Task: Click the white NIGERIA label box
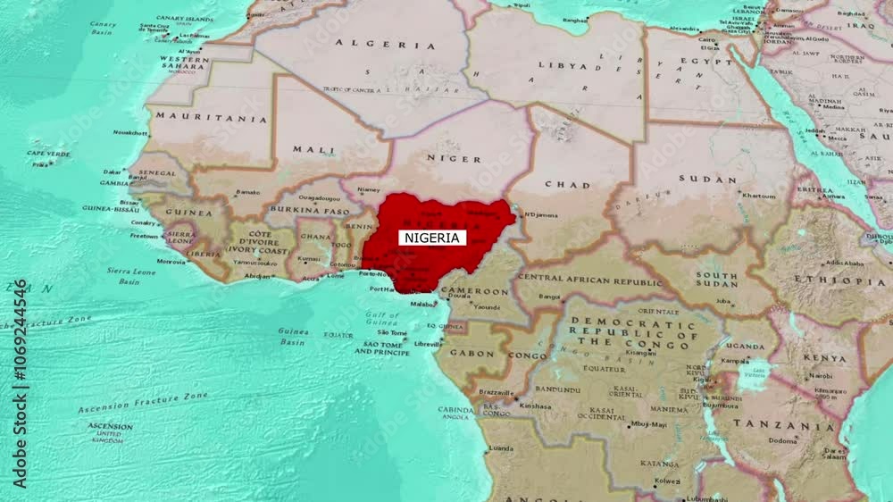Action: click(x=432, y=238)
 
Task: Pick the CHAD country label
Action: click(x=567, y=185)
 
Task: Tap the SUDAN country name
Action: click(x=707, y=179)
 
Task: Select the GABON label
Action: click(x=472, y=354)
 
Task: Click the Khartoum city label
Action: click(x=758, y=196)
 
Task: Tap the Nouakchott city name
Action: click(x=130, y=132)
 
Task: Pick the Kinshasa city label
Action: click(x=535, y=406)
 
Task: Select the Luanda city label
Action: click(x=501, y=448)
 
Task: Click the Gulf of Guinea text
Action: click(x=383, y=319)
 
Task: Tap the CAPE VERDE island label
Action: click(x=48, y=154)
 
